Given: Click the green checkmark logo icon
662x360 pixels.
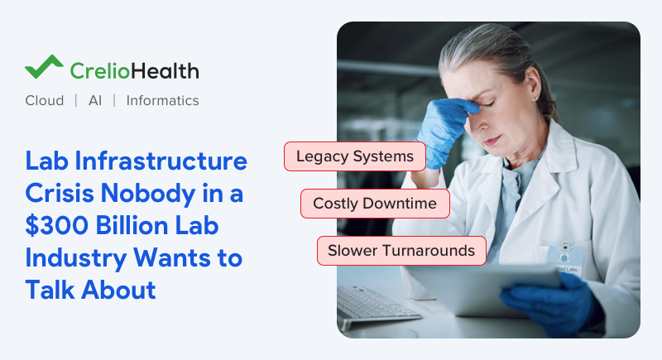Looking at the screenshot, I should tap(44, 67).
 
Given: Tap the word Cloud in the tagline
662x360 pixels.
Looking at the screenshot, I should tap(44, 100).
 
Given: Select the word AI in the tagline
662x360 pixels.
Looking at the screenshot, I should tap(94, 100).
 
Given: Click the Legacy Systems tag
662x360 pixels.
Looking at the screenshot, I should tap(354, 156).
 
